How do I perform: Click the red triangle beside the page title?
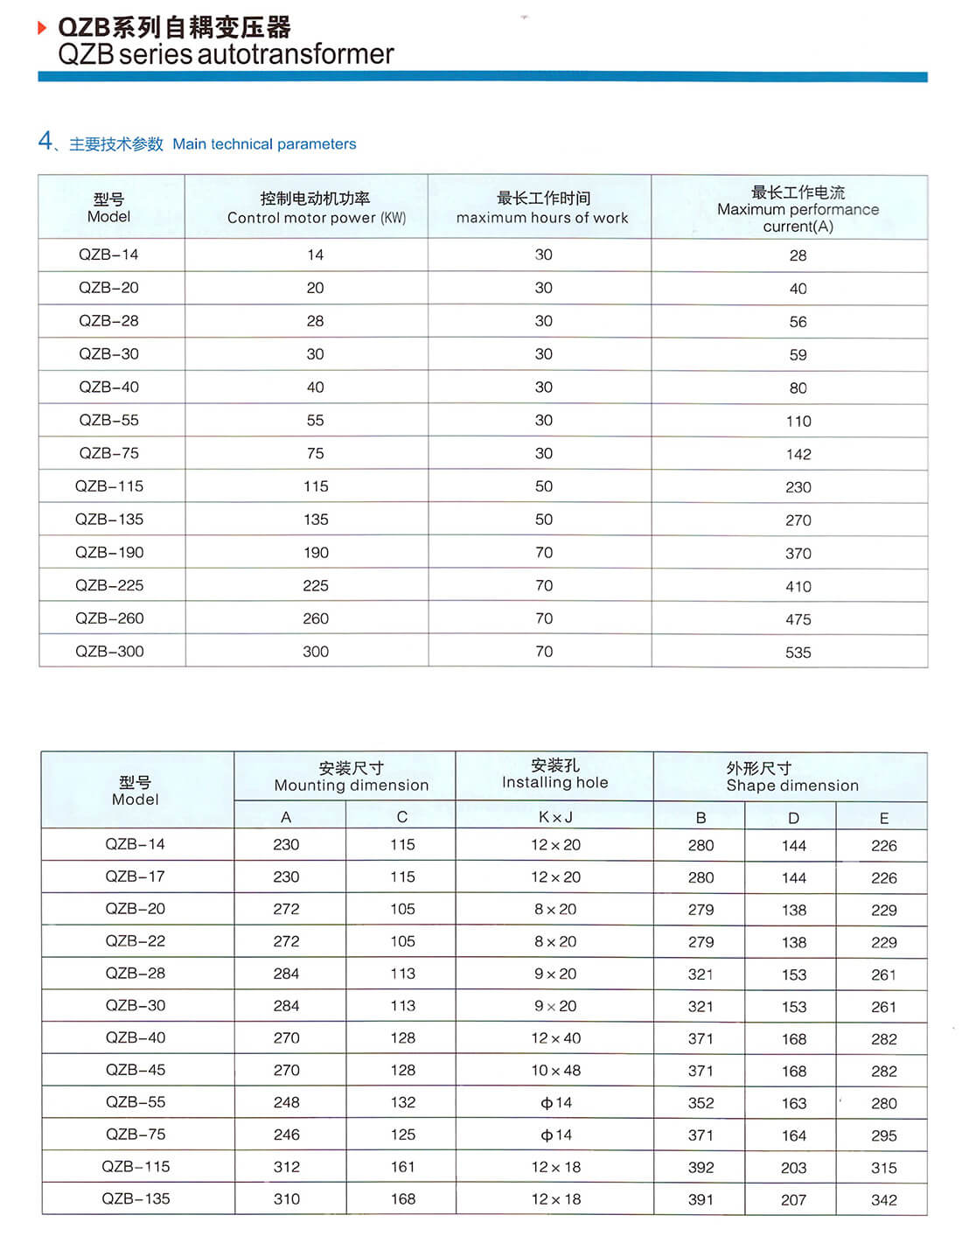[x=42, y=28]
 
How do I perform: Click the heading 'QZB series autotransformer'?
[x=226, y=54]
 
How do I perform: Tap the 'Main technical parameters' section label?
[x=264, y=144]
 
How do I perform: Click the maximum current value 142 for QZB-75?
[x=798, y=454]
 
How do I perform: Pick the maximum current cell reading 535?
[x=798, y=653]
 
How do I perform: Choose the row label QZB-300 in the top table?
[x=109, y=652]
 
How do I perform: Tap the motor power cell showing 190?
[x=316, y=553]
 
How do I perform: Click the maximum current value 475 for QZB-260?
[x=798, y=619]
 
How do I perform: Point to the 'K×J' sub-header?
[x=555, y=817]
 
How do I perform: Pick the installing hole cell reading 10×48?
[x=556, y=1071]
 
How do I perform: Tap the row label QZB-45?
[x=136, y=1070]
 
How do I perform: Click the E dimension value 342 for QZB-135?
[x=883, y=1200]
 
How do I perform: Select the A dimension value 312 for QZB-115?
[x=286, y=1167]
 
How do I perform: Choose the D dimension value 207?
[x=793, y=1200]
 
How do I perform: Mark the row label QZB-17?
[x=136, y=876]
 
